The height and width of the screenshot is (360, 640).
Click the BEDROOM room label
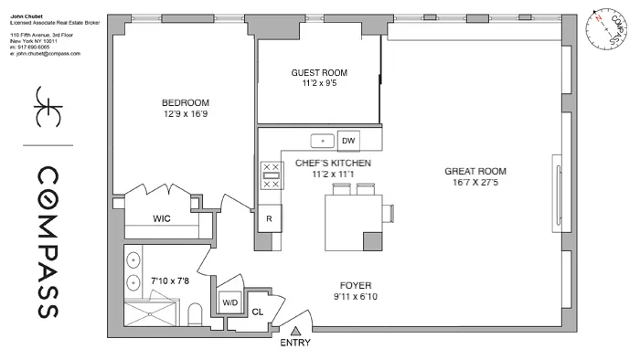click(186, 102)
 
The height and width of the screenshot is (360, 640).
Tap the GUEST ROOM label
click(319, 72)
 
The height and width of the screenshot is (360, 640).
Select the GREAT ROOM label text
click(475, 171)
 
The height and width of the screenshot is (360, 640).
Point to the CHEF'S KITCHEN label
click(333, 162)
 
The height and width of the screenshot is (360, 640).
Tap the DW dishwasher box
click(347, 142)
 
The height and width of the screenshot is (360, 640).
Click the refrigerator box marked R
click(270, 219)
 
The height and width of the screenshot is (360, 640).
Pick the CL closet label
click(258, 312)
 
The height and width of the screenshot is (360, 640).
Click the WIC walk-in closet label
click(162, 218)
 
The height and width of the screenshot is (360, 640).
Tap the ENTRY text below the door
click(296, 344)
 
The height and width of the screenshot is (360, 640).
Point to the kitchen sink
click(321, 142)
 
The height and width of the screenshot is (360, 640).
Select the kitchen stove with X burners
click(271, 175)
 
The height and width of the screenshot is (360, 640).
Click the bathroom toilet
click(192, 315)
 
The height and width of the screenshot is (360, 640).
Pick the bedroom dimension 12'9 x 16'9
click(186, 114)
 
